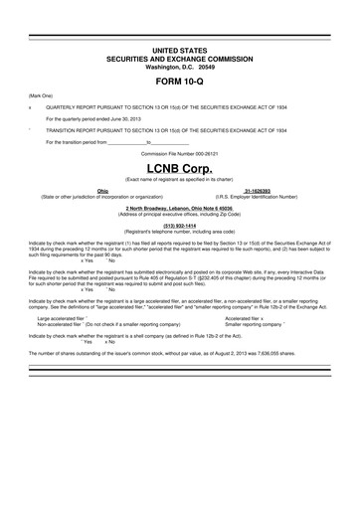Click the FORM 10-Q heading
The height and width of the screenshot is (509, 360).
pos(179,78)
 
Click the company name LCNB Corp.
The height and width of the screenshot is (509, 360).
pos(179,170)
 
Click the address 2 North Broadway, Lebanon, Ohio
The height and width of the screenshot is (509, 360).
pos(179,208)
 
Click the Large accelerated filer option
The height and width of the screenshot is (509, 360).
pos(62,318)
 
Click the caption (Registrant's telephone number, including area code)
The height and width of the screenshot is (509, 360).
pos(179,232)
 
